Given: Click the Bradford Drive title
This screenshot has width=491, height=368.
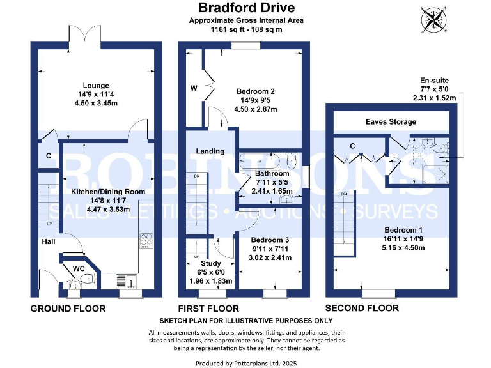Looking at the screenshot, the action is click(246, 8).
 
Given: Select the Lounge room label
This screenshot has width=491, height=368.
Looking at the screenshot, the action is click(96, 86).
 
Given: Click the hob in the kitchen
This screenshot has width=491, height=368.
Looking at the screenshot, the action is click(145, 241).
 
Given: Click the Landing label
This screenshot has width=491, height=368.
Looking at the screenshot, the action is click(210, 151).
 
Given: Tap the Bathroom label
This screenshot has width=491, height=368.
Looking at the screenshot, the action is click(272, 173).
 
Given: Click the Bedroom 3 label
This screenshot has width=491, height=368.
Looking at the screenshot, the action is click(269, 240).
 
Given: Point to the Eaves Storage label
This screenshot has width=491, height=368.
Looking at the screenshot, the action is click(391, 121).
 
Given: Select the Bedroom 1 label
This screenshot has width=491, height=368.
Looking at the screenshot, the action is click(403, 230).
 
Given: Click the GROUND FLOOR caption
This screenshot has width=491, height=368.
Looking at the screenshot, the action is click(68, 309).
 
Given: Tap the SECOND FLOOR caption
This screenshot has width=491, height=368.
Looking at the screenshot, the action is click(362, 309).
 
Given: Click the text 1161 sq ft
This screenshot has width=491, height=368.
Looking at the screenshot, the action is click(225, 29).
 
